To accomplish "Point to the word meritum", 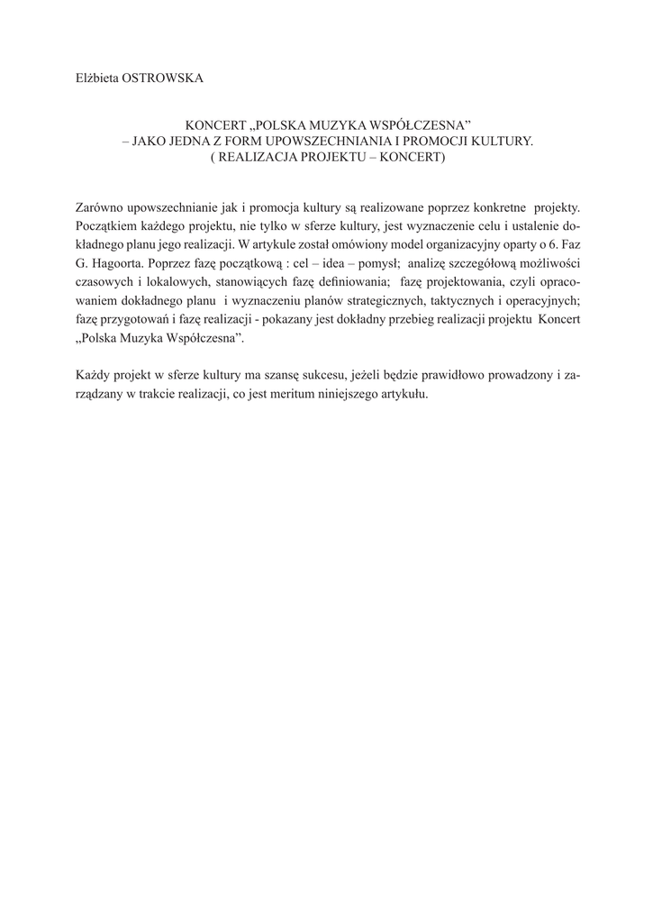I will [268, 395].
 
